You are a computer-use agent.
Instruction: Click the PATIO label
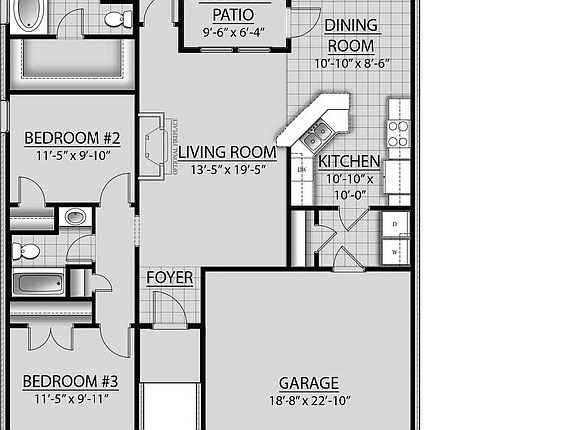(233, 15)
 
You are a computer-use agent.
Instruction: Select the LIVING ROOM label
(226, 152)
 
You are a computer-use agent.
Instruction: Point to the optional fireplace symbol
(155, 144)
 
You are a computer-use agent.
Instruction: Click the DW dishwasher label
(301, 170)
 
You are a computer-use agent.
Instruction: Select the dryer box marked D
(395, 225)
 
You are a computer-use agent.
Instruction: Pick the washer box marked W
(395, 252)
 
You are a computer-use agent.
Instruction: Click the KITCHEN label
(348, 161)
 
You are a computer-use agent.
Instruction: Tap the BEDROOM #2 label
(72, 137)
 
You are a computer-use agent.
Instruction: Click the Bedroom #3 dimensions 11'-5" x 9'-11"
(71, 399)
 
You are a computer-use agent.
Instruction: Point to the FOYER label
(170, 277)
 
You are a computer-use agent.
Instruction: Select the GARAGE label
(308, 383)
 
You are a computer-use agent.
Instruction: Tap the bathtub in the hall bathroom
(38, 282)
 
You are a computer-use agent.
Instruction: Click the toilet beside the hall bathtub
(26, 250)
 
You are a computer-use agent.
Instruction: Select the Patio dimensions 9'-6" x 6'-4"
(232, 33)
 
